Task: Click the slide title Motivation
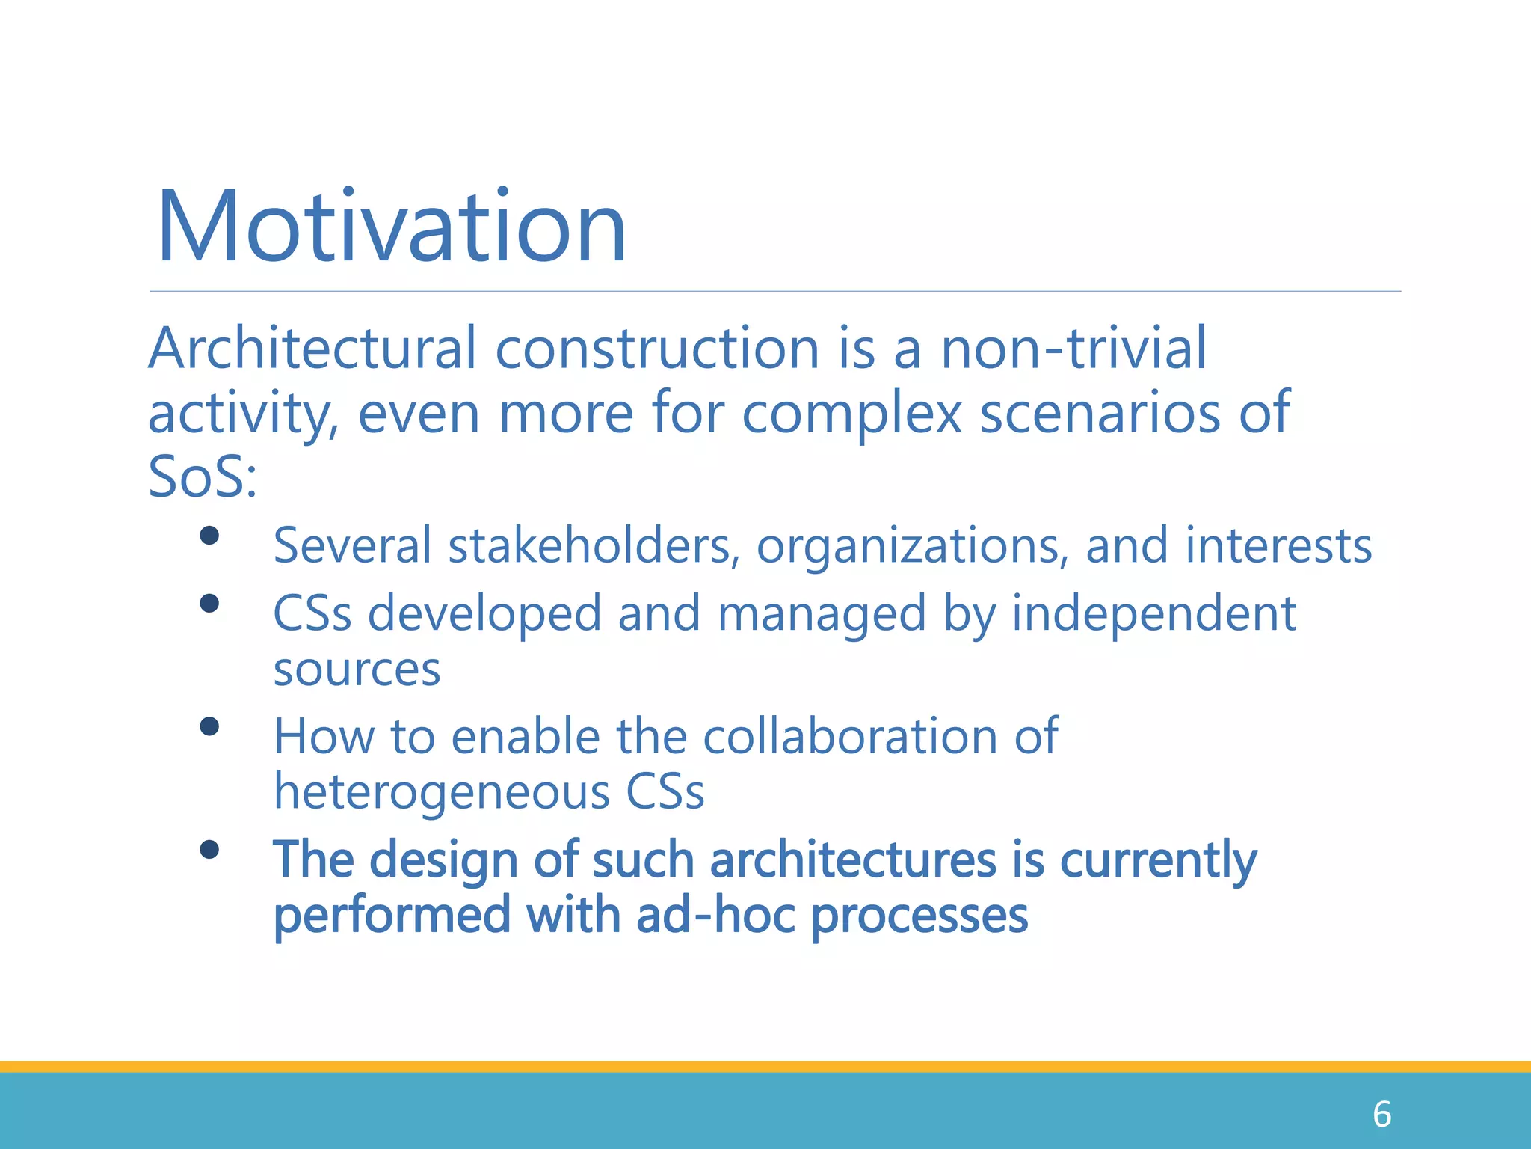[x=391, y=227]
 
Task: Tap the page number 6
[x=1381, y=1115]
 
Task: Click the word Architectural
[x=312, y=349]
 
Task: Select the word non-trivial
[x=1073, y=349]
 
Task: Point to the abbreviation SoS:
[x=202, y=477]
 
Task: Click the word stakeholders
[x=588, y=545]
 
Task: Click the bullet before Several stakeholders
[x=209, y=536]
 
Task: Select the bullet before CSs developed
[x=209, y=604]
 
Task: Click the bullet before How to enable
[x=209, y=726]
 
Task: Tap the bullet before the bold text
[x=209, y=850]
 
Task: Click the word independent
[x=1153, y=613]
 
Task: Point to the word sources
[x=357, y=670]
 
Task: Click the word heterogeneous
[x=441, y=791]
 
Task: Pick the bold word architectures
[x=852, y=860]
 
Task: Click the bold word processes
[x=919, y=916]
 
